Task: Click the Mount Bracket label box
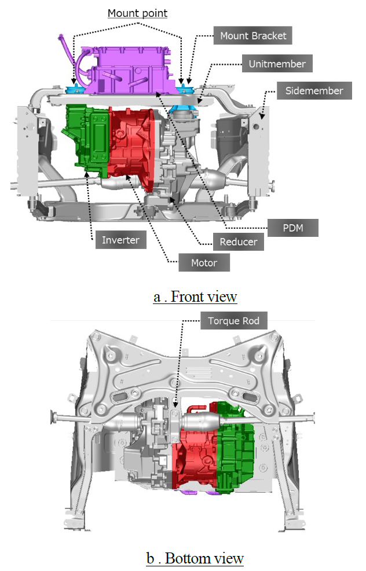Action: tap(252, 35)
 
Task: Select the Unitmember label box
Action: tap(277, 64)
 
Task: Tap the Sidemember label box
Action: tap(314, 91)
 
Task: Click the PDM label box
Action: tap(293, 228)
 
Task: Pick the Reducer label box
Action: tap(238, 242)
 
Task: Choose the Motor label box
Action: tap(204, 262)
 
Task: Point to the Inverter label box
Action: tap(120, 240)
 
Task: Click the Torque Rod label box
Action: tap(234, 320)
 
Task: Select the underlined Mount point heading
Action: tap(138, 13)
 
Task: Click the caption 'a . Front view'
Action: tap(195, 297)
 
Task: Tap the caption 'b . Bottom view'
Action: tap(195, 558)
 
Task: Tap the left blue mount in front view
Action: tap(76, 89)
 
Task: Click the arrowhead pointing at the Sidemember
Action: tap(262, 116)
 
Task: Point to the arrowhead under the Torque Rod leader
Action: tap(175, 405)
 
